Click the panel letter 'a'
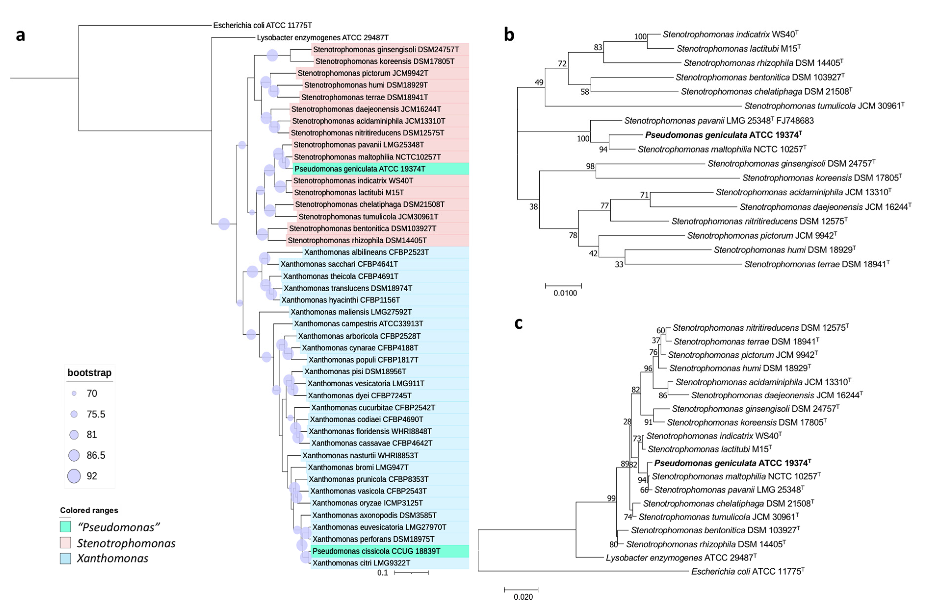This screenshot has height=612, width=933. tap(20, 35)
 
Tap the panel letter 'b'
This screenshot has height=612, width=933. tap(509, 35)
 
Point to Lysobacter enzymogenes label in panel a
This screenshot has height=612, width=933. tap(322, 38)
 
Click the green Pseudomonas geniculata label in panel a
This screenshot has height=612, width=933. tap(359, 169)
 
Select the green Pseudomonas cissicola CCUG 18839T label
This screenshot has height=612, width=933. tap(376, 551)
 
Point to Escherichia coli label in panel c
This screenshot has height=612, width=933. tap(747, 572)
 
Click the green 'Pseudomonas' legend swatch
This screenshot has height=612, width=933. tap(65, 526)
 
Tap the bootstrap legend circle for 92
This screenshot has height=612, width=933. tap(74, 476)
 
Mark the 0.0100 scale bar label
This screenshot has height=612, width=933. tap(565, 293)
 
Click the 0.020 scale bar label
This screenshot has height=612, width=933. tap(523, 597)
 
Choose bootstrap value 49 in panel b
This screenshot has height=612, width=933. tap(539, 82)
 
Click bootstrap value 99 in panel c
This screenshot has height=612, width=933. tap(611, 498)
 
